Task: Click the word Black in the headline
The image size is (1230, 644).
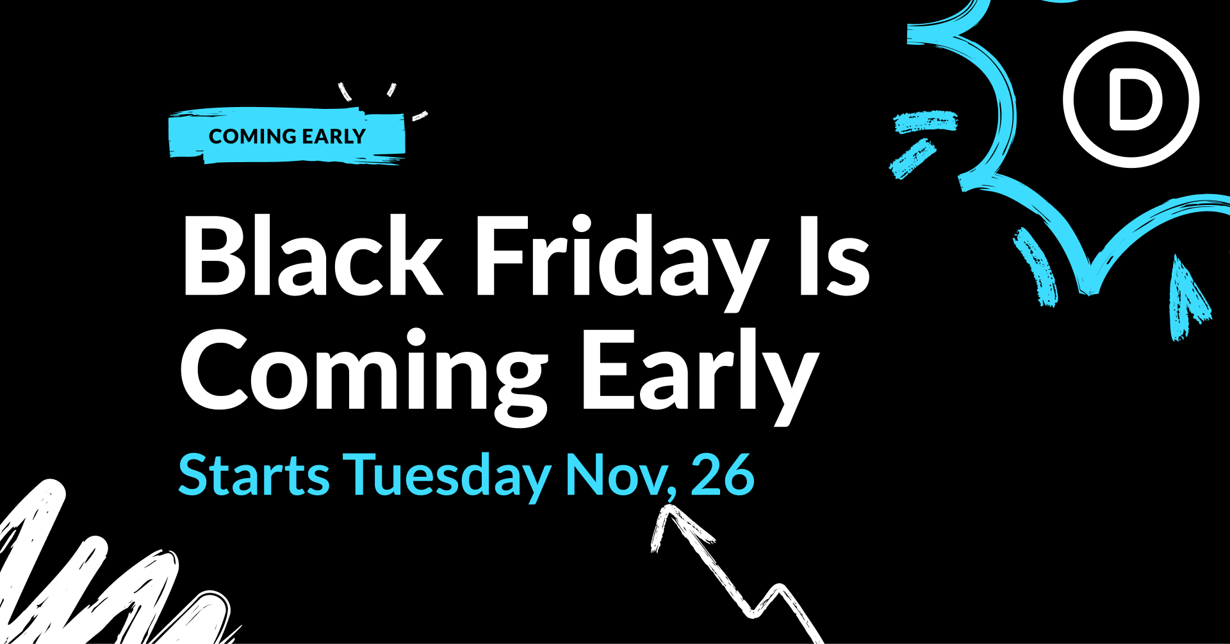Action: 313,255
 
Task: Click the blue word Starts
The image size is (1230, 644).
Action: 254,475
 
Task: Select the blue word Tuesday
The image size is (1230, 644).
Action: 447,478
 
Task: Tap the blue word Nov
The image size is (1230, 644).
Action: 615,475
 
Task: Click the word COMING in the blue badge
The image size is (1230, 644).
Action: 252,136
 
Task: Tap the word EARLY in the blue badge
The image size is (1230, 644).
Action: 334,136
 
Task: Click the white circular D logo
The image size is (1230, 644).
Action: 1131,99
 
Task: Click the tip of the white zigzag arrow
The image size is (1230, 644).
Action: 669,506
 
